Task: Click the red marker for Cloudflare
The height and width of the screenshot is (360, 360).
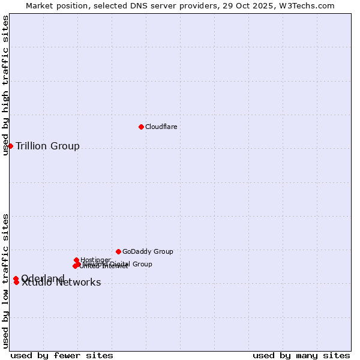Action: pyautogui.click(x=141, y=127)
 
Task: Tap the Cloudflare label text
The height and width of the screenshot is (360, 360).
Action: pyautogui.click(x=161, y=127)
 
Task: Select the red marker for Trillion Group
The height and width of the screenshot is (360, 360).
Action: pyautogui.click(x=10, y=146)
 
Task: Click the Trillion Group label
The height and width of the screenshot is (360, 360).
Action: pyautogui.click(x=47, y=146)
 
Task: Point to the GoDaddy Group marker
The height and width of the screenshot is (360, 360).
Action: pyautogui.click(x=118, y=251)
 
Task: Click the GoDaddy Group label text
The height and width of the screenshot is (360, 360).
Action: pyautogui.click(x=148, y=251)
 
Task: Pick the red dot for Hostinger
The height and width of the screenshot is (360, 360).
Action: pyautogui.click(x=77, y=260)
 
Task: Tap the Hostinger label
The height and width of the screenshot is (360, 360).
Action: pyautogui.click(x=95, y=260)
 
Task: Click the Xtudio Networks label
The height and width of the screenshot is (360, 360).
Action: pyautogui.click(x=61, y=283)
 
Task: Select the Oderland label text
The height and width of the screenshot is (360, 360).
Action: pyautogui.click(x=43, y=278)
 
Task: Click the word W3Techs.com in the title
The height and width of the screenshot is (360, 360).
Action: pyautogui.click(x=311, y=5)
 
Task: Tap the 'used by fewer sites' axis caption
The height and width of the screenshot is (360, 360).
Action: pyautogui.click(x=62, y=355)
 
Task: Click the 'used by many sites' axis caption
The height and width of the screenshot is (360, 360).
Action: pyautogui.click(x=301, y=355)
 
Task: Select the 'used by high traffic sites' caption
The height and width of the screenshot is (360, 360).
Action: pyautogui.click(x=5, y=86)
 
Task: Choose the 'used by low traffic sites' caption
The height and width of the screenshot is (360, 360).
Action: pyautogui.click(x=5, y=281)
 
